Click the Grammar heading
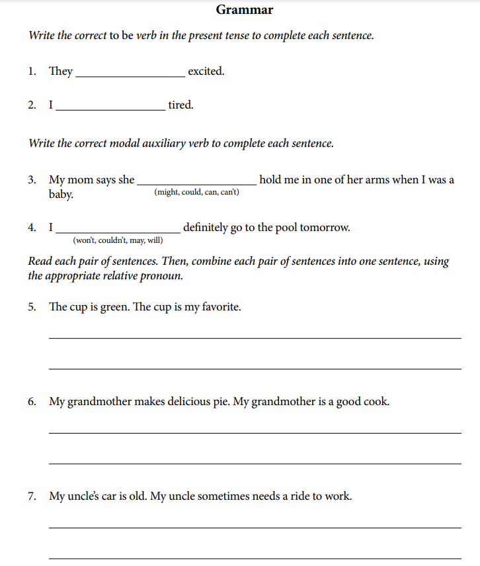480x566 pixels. click(x=244, y=10)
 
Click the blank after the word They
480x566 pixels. click(x=130, y=73)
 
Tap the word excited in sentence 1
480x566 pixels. click(x=206, y=71)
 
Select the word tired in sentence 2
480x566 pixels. click(x=180, y=105)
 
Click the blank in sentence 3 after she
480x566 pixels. click(x=196, y=181)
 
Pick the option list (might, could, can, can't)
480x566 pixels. click(x=196, y=192)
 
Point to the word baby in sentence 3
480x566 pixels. click(x=61, y=195)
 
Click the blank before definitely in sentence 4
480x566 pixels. click(x=118, y=229)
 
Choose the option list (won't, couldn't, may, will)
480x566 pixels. click(x=118, y=240)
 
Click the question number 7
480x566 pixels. click(x=32, y=496)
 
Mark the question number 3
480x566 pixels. click(x=32, y=180)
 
